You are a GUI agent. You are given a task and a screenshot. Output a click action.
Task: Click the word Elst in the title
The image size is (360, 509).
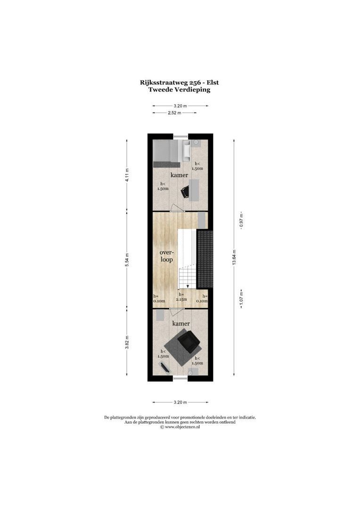click(211, 82)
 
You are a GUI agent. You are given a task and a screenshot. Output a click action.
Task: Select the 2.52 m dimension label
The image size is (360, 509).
click(174, 113)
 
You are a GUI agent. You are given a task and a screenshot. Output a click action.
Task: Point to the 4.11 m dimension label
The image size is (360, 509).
click(127, 175)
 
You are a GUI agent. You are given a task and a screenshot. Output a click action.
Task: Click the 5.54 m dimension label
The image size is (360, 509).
click(127, 260)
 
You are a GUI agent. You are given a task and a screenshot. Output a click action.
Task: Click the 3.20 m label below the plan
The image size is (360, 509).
click(180, 402)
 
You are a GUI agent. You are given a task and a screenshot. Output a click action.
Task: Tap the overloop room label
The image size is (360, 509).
click(166, 256)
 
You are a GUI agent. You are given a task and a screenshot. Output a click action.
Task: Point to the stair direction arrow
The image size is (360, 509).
click(188, 285)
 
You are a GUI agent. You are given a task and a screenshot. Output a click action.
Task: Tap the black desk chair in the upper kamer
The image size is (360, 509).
click(185, 191)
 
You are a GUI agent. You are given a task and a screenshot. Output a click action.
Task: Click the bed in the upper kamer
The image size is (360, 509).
click(166, 153)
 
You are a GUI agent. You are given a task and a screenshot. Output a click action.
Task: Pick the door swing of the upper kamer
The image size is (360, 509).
click(175, 208)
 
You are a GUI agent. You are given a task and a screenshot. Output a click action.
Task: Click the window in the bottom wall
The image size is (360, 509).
click(180, 379)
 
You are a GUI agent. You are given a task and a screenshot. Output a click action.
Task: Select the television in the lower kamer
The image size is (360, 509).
click(164, 367)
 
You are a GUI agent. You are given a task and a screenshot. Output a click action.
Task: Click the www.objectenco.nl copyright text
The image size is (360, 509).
click(180, 427)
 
